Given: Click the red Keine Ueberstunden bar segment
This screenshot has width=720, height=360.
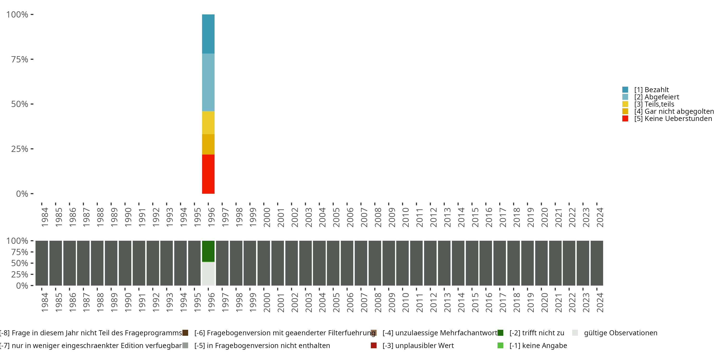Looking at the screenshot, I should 208,174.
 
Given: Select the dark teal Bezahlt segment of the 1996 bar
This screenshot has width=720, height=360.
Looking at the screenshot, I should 208,34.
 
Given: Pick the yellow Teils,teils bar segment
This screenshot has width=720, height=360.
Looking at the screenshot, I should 208,122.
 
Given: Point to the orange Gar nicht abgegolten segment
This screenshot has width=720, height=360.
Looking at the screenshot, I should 208,144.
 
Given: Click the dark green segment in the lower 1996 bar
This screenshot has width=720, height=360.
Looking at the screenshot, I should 208,251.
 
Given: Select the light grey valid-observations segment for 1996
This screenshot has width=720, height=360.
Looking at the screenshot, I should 208,273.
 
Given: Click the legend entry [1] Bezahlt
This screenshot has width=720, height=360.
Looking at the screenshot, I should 651,90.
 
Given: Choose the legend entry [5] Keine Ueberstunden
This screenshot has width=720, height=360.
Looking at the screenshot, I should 673,119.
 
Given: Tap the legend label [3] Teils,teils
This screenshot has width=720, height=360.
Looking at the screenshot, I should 654,104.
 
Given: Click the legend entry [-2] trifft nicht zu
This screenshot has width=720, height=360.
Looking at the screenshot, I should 537,333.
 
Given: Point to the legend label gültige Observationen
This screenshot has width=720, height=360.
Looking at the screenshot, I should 620,333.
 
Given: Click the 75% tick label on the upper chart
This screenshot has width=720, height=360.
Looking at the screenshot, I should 20,59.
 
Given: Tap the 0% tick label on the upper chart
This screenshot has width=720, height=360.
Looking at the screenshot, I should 22,194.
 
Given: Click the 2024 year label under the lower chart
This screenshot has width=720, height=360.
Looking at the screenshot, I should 600,302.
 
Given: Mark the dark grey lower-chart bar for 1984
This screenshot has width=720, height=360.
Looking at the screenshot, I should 42,263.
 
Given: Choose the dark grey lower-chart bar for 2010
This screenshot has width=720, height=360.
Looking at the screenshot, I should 402,263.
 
